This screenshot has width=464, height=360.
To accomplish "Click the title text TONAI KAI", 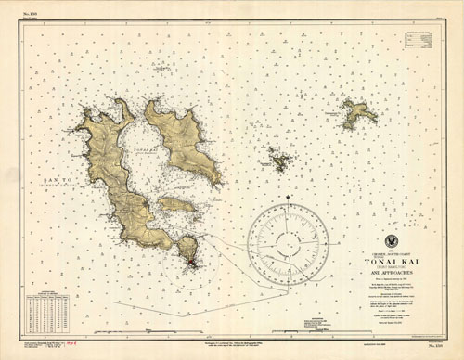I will pyautogui.click(x=390, y=262).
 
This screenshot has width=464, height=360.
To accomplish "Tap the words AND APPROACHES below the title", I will pyautogui.click(x=390, y=275).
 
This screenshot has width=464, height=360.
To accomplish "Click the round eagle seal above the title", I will pyautogui.click(x=390, y=241).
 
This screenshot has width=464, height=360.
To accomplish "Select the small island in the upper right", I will pyautogui.click(x=357, y=113).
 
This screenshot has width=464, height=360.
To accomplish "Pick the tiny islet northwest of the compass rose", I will pyautogui.click(x=278, y=161).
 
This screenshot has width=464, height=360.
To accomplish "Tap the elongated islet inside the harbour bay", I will pyautogui.click(x=175, y=204).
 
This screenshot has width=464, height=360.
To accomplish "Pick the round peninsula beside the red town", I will pyautogui.click(x=188, y=247).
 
